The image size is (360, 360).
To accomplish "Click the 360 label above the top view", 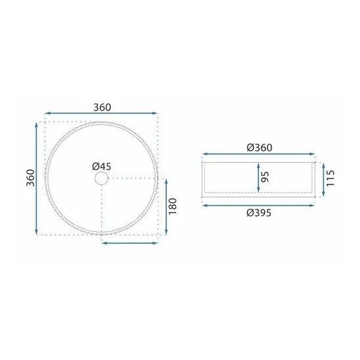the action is (x=102, y=107).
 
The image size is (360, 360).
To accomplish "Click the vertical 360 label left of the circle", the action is (x=30, y=178).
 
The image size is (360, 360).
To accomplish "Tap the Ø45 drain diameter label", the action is (x=101, y=166).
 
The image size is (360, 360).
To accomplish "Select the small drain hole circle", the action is (x=101, y=179).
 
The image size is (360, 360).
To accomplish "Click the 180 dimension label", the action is (x=173, y=206).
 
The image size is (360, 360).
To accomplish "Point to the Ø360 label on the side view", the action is (x=259, y=148).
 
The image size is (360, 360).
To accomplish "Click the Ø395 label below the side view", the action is (x=259, y=213).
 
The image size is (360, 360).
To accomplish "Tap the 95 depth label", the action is (x=265, y=177).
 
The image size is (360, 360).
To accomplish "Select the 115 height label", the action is (x=330, y=179).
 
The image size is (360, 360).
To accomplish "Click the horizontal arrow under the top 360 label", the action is (x=101, y=113).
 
